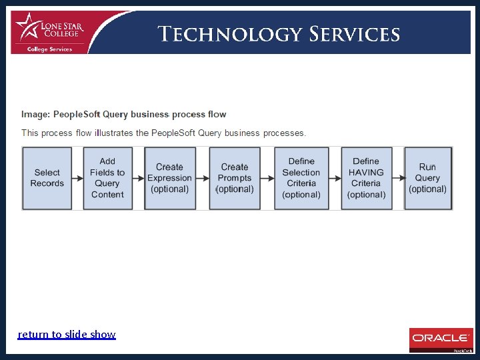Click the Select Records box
[x=47, y=178]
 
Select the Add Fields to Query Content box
[x=107, y=178]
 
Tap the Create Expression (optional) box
[x=169, y=178]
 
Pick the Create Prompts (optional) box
[x=235, y=178]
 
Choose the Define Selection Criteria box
[x=301, y=178]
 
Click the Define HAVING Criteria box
[x=366, y=178]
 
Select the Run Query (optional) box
[x=427, y=178]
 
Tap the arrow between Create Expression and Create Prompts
[x=201, y=178]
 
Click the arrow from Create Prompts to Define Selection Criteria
[x=267, y=178]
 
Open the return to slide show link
[x=67, y=334]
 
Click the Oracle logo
[x=441, y=338]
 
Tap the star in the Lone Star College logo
[x=27, y=27]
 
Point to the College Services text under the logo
[x=49, y=49]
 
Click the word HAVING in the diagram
[x=366, y=172]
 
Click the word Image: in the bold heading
[x=36, y=114]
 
